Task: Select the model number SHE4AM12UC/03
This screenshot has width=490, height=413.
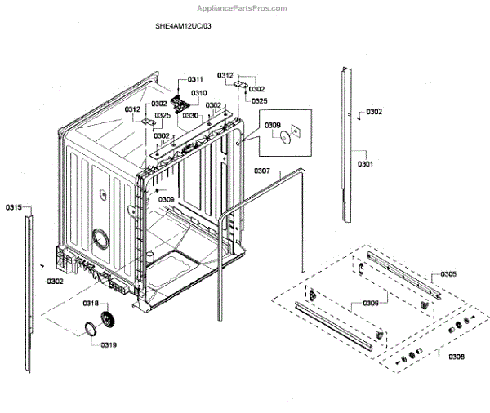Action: click(183, 26)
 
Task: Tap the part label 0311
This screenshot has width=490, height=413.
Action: click(195, 78)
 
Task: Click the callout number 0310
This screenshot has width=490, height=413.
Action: click(199, 93)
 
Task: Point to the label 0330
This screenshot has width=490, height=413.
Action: click(191, 116)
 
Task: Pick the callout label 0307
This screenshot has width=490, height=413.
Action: click(262, 171)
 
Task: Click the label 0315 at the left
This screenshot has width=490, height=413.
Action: click(13, 208)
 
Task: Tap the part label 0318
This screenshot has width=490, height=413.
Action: click(90, 303)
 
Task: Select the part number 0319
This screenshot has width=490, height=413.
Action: click(109, 345)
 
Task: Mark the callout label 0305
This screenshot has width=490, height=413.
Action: click(448, 274)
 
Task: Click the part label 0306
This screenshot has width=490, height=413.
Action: click(370, 303)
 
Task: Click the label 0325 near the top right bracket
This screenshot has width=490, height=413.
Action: click(259, 101)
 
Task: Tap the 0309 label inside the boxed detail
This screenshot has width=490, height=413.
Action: click(273, 126)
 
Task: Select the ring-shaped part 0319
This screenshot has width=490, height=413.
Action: click(86, 330)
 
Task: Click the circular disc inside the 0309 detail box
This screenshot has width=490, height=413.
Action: click(283, 140)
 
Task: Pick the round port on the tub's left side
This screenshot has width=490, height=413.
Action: click(101, 238)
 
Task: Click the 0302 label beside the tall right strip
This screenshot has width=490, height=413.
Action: click(374, 112)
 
